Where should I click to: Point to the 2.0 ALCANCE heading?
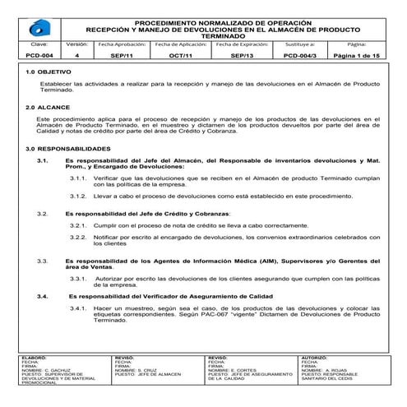42,108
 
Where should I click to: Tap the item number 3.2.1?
80,224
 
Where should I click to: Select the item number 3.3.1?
80,277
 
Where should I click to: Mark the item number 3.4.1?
80,307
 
